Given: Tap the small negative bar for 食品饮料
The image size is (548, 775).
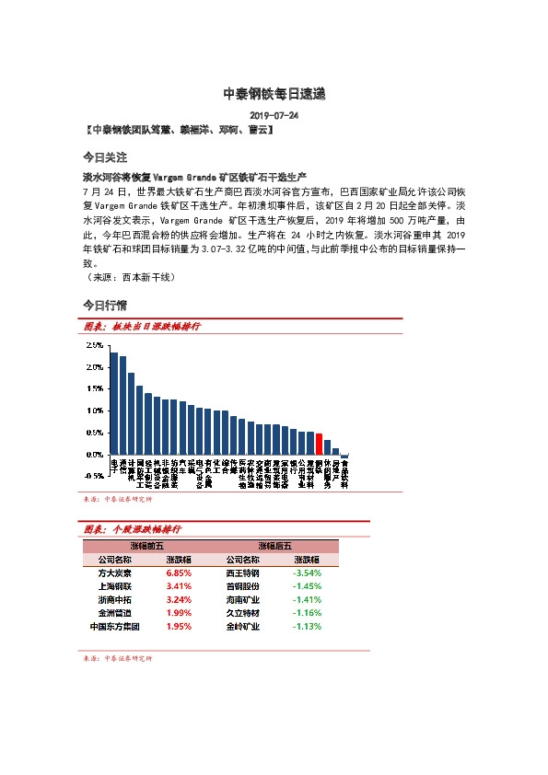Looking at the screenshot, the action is pyautogui.click(x=344, y=457).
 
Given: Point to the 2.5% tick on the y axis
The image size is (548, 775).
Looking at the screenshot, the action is pyautogui.click(x=94, y=345).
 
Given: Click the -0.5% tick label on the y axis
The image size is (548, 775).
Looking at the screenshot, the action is pyautogui.click(x=93, y=476).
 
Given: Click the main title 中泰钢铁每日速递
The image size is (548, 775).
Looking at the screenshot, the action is pyautogui.click(x=274, y=94).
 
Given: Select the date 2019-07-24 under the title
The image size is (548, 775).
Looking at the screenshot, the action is pyautogui.click(x=274, y=116).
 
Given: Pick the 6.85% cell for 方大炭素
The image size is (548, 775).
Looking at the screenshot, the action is pyautogui.click(x=178, y=572).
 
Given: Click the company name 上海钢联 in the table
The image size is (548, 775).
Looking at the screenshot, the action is pyautogui.click(x=114, y=585).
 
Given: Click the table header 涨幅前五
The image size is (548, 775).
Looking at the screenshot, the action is pyautogui.click(x=146, y=546).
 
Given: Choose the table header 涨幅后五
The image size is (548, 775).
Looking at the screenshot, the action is pyautogui.click(x=274, y=546).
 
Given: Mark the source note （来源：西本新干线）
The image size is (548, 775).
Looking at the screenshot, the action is pyautogui.click(x=128, y=276).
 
